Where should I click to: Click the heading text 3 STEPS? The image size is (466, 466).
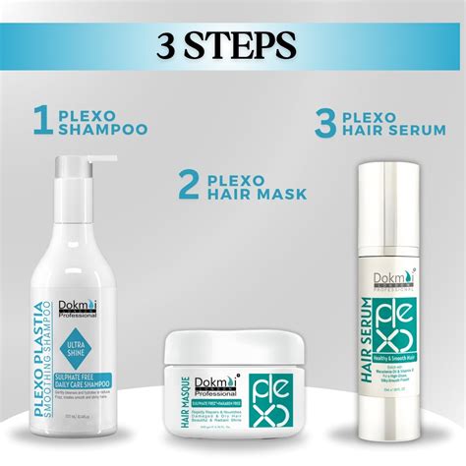point(233,44)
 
